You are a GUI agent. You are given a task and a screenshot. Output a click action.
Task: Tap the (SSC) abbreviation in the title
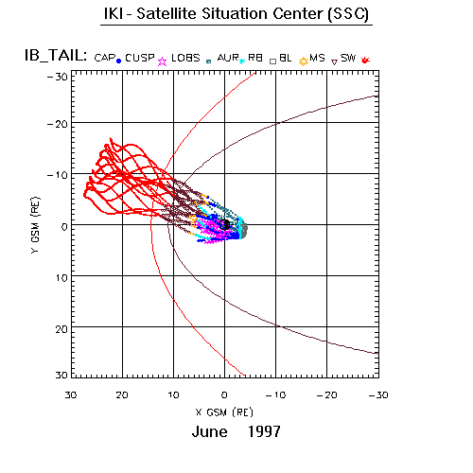pos(348,14)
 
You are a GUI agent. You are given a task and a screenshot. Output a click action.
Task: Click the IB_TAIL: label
pos(56,56)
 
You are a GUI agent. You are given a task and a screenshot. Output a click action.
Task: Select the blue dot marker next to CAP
pos(118,61)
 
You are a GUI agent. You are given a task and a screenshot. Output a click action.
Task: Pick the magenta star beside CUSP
pos(162,61)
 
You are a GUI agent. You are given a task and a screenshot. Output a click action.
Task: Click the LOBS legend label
pos(185,58)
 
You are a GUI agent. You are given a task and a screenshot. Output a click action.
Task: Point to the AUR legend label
pos(228,58)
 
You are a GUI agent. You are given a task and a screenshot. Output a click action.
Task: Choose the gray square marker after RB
pos(273,61)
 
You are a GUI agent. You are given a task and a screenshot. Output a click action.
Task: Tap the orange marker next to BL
pos(304,61)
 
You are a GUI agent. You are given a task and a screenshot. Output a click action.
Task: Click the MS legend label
pos(317,58)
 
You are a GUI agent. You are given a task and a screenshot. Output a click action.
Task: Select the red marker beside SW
pos(365,60)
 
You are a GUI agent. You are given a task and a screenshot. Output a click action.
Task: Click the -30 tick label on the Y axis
pos(58,77)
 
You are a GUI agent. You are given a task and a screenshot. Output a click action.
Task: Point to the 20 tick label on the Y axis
pos(61,329)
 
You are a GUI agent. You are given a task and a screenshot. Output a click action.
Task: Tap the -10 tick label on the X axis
pos(275,395)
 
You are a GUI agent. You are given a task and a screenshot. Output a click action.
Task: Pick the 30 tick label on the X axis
pos(71,395)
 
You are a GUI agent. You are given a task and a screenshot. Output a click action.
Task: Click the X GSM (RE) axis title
pos(224,412)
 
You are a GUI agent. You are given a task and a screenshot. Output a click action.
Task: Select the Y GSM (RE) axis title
pos(35,225)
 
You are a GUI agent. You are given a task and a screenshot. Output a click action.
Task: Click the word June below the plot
pos(210,431)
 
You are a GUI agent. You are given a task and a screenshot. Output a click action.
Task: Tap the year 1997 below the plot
pos(264,431)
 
